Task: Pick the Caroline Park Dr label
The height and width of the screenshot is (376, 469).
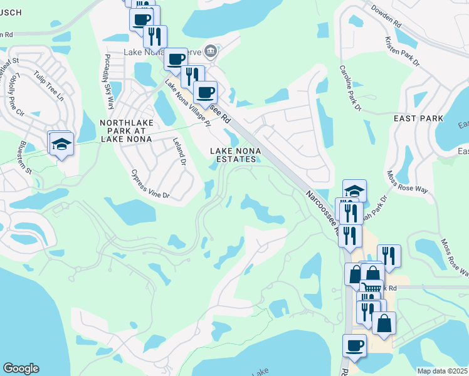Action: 350,88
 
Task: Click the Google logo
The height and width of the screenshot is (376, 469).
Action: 21,368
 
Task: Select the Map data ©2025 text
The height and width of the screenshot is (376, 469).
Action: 441,371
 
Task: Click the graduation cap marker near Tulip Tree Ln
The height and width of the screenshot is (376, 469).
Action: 61,144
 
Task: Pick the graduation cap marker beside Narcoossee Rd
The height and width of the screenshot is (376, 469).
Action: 354,191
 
